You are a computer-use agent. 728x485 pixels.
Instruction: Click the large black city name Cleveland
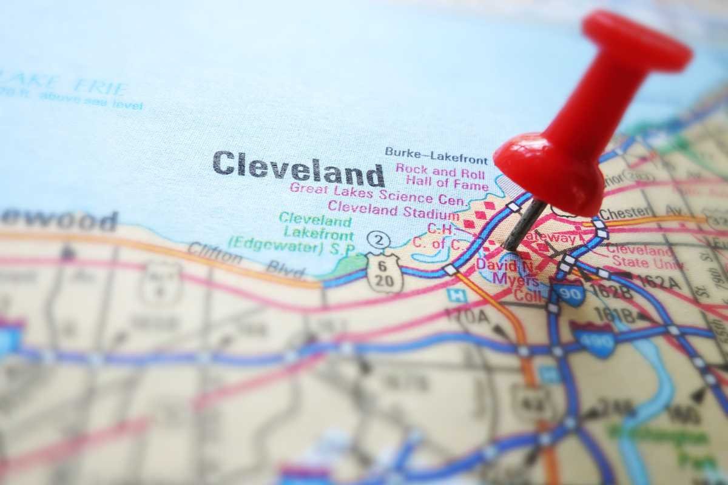click(x=298, y=168)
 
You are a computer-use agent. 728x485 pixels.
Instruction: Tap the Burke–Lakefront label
click(x=436, y=155)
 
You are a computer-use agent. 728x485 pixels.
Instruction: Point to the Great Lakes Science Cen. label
click(x=377, y=193)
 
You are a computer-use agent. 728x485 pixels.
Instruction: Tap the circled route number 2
click(x=379, y=239)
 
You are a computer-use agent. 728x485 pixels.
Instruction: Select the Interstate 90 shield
click(x=568, y=293)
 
